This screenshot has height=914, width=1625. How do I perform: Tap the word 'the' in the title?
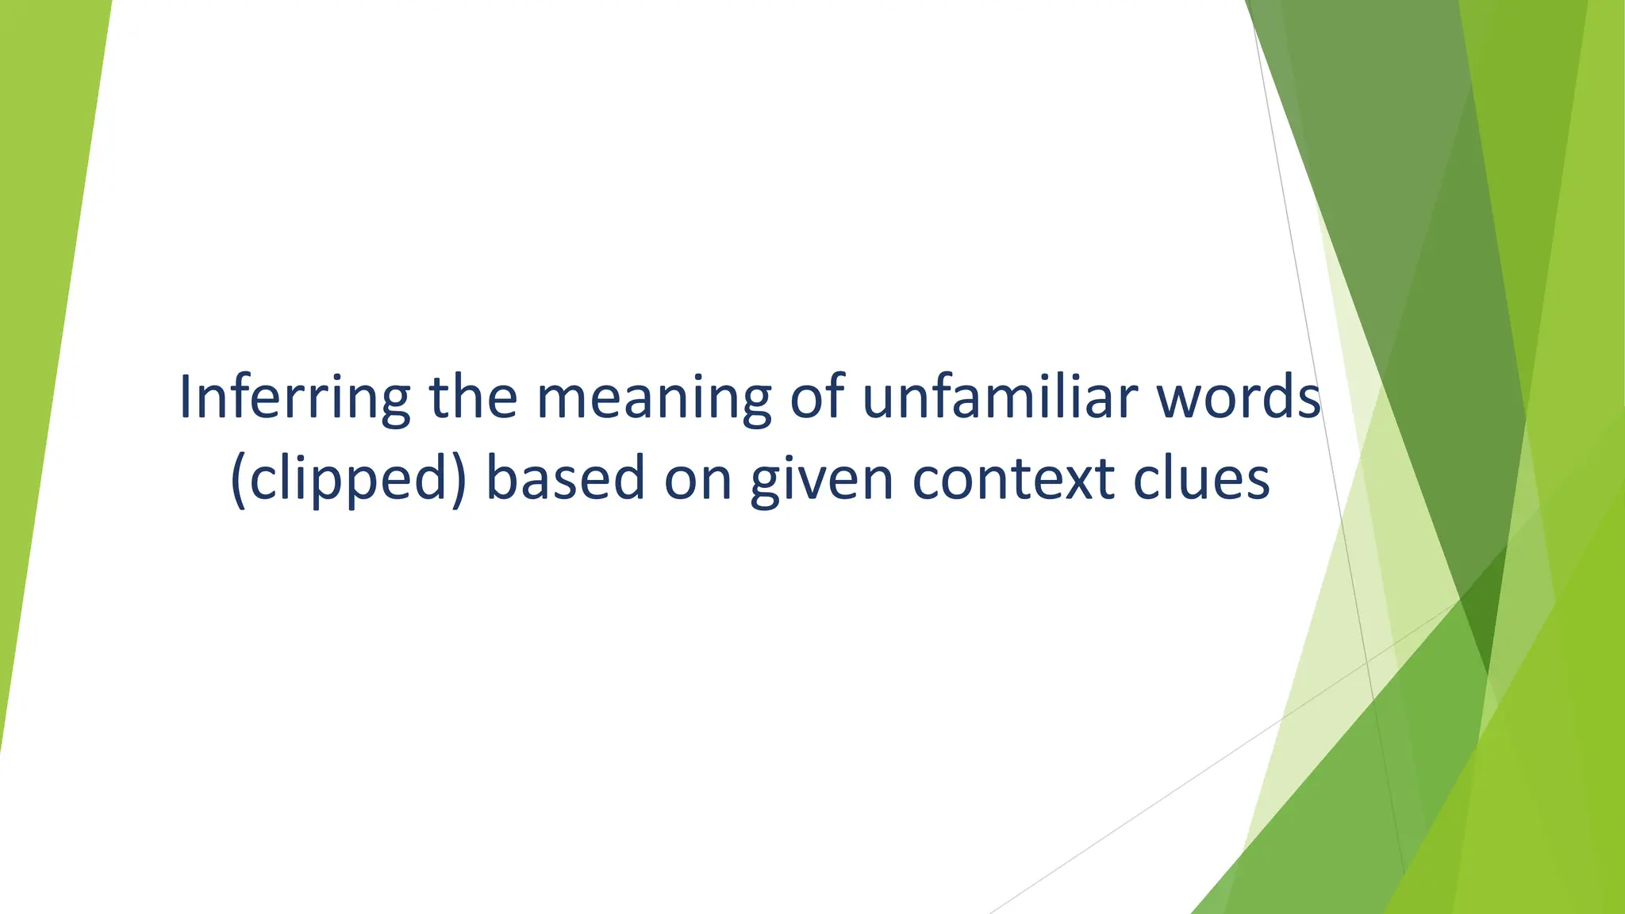tap(474, 397)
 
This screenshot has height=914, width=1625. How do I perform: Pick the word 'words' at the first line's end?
tap(1239, 397)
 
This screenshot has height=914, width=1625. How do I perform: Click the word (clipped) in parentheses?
tap(348, 479)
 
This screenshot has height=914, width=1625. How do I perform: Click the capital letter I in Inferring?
tap(186, 397)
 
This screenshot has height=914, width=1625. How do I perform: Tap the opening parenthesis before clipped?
tap(237, 479)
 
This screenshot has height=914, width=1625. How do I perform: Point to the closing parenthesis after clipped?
tap(458, 479)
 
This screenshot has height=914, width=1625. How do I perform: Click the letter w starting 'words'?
tap(1179, 400)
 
